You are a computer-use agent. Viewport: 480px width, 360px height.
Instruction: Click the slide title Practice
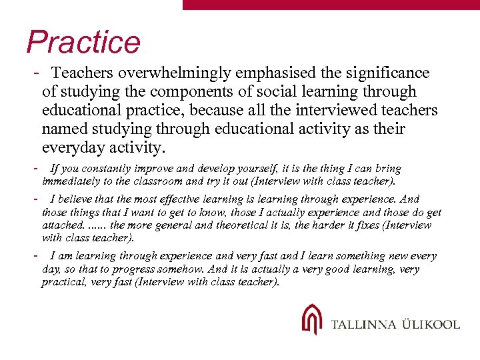coord(83,42)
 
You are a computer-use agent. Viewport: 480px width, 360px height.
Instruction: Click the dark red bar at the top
coord(331,4)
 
